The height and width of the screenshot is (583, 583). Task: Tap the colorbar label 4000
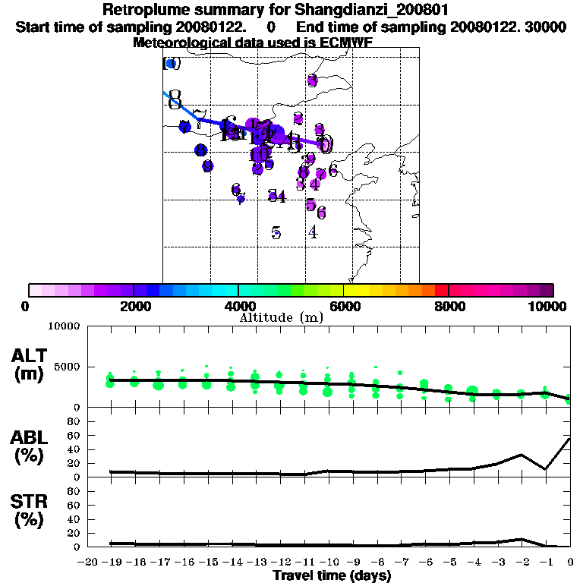coord(238,306)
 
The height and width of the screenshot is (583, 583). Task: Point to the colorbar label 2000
coord(133,306)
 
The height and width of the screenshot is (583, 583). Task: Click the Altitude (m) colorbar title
coord(281,317)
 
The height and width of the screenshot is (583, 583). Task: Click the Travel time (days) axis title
coord(332,575)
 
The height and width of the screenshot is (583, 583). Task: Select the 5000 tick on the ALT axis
coord(68,367)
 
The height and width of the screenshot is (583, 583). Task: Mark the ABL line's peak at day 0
coord(570,438)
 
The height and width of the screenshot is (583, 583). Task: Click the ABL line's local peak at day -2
coord(522,455)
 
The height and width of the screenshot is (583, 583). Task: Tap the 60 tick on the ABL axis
coord(74,435)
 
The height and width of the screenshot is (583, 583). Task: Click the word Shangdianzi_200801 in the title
coord(358,11)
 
